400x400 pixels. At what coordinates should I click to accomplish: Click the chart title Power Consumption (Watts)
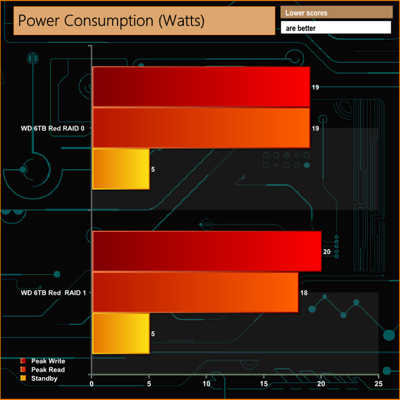coord(111,20)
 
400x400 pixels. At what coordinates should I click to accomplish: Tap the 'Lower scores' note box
coord(336,12)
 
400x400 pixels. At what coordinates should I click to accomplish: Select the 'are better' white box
coord(336,28)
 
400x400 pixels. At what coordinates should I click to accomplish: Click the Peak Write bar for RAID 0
coord(201,87)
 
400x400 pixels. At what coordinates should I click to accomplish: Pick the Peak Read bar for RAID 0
coord(201,128)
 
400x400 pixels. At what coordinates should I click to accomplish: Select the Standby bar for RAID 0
coord(121,169)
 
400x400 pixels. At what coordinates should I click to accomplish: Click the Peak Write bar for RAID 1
coord(207,251)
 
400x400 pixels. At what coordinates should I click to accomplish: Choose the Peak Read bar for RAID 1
coord(195,292)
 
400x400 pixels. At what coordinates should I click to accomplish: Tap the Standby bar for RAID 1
coord(121,333)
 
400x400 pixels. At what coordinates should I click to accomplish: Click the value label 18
coord(303,292)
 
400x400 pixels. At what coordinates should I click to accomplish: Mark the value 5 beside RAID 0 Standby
coord(153,169)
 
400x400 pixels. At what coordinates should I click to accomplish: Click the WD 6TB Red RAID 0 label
coord(53,129)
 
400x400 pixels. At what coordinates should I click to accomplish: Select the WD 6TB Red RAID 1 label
coord(53,292)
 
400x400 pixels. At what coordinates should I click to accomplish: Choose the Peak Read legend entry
coord(47,369)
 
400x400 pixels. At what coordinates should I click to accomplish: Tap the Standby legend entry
coord(44,378)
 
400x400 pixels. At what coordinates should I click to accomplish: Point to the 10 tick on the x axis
coord(206,384)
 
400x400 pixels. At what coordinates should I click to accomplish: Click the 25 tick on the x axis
coord(378,384)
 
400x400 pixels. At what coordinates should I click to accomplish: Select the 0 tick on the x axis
coord(92,384)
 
